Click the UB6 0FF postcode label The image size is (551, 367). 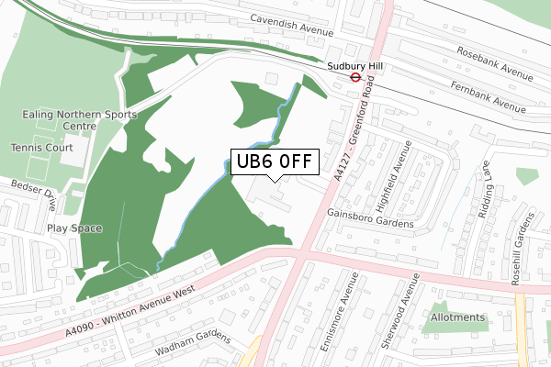click(273, 162)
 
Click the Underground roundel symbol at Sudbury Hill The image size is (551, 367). click(354, 78)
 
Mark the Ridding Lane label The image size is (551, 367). click(487, 187)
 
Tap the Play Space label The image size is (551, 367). click(74, 228)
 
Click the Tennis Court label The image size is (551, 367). click(40, 147)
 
